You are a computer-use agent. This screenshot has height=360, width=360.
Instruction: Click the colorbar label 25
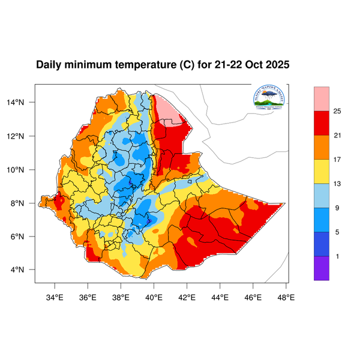[x=337, y=111]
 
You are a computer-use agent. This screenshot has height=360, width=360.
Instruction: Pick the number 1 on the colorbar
[x=337, y=256]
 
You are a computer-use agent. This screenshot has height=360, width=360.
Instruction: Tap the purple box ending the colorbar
[x=322, y=268]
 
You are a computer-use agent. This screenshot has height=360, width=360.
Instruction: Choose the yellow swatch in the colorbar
[x=322, y=172]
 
